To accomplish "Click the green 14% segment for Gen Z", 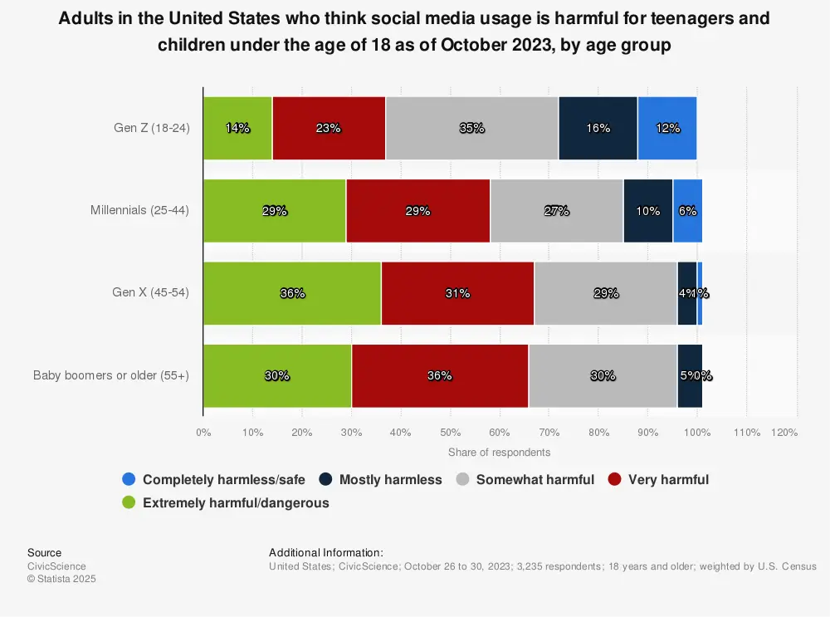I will (x=237, y=128).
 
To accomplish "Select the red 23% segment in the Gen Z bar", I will (x=329, y=128).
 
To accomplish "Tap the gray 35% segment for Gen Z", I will (x=471, y=128).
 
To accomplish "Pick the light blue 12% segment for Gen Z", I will (x=667, y=128).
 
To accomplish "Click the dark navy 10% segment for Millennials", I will (x=647, y=211).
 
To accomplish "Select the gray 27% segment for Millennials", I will (x=556, y=211).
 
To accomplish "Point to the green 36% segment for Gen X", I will (x=292, y=293).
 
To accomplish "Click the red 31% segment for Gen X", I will (x=457, y=293).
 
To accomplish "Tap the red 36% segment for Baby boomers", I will (x=439, y=375).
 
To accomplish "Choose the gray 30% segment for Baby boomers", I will (x=603, y=375).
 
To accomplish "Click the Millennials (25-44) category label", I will (x=139, y=211).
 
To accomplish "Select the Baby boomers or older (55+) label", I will (x=111, y=375).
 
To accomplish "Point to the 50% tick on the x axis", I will (x=450, y=433).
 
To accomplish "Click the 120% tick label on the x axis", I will (x=784, y=433).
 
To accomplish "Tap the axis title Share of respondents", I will (x=499, y=453).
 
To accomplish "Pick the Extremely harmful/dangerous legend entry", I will (x=226, y=502).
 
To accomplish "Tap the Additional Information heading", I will (x=325, y=552).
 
